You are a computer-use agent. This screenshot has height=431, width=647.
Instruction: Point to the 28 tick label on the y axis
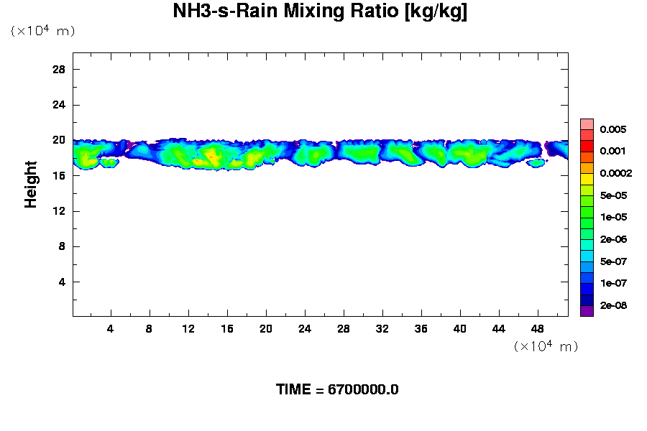click(x=59, y=69)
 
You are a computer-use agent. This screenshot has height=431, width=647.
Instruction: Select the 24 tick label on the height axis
click(x=59, y=104)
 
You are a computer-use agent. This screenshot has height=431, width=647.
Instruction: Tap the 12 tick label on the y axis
click(x=59, y=211)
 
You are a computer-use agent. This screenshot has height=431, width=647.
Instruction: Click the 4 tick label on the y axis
click(x=62, y=282)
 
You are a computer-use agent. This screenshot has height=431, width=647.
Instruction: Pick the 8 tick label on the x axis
click(x=150, y=328)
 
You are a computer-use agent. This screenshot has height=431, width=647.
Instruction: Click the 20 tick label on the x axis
click(x=266, y=328)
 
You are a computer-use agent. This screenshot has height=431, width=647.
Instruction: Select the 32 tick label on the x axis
click(x=382, y=328)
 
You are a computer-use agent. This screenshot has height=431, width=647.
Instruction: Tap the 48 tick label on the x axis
click(x=538, y=328)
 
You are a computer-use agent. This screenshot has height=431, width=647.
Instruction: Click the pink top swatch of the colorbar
click(x=587, y=124)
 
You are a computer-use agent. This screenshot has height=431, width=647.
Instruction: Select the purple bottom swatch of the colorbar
click(x=587, y=310)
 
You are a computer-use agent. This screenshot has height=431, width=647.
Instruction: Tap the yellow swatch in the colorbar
click(x=587, y=178)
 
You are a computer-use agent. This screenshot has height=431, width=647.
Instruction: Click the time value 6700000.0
click(x=363, y=390)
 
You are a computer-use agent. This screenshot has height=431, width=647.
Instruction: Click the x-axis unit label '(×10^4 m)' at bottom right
click(x=546, y=346)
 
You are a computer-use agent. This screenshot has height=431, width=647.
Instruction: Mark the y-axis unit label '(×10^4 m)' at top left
click(x=42, y=31)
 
